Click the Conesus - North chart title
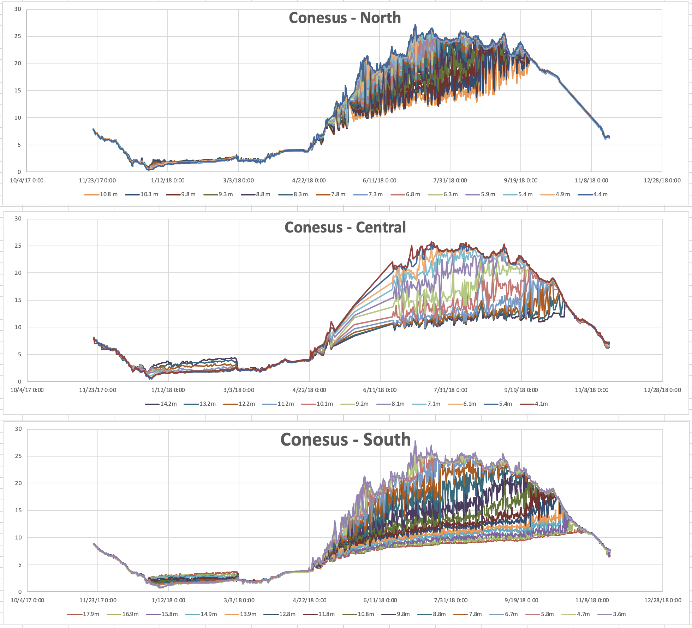(345, 18)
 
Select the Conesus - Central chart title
(345, 227)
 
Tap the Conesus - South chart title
(345, 440)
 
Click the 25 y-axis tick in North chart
(18, 36)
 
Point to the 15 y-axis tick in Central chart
(18, 300)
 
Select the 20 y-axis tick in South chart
(18, 483)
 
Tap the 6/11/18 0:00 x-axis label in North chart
(380, 181)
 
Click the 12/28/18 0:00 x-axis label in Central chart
(662, 390)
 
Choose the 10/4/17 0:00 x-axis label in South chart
(27, 600)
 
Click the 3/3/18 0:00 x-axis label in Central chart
(239, 390)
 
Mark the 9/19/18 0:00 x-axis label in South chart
(521, 600)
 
